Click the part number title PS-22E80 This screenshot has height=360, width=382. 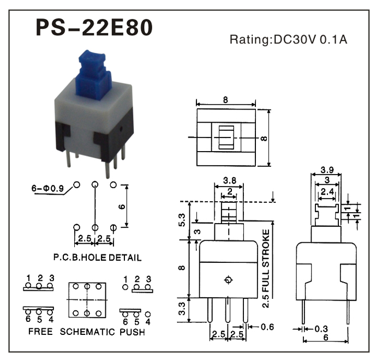pyautogui.click(x=94, y=28)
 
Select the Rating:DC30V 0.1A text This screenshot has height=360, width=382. pyautogui.click(x=289, y=39)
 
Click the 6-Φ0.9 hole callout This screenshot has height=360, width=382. pyautogui.click(x=47, y=188)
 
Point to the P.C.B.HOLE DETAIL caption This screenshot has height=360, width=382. pyautogui.click(x=97, y=257)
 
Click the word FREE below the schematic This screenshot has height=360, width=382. pyautogui.click(x=40, y=332)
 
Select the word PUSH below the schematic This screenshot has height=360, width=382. pyautogui.click(x=132, y=332)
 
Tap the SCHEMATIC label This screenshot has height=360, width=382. pyautogui.click(x=87, y=332)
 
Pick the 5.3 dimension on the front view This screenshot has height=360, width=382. pyautogui.click(x=182, y=220)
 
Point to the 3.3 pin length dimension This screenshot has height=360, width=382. pyautogui.click(x=182, y=309)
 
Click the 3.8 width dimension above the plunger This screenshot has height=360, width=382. pyautogui.click(x=230, y=181)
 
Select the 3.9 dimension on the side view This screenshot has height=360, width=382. pyautogui.click(x=327, y=170)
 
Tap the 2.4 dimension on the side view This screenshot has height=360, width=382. pyautogui.click(x=327, y=192)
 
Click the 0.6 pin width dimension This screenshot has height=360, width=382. pyautogui.click(x=267, y=327)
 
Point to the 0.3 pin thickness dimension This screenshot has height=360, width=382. pyautogui.click(x=321, y=329)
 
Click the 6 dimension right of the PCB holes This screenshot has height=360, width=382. pyautogui.click(x=122, y=207)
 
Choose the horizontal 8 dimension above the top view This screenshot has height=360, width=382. pyautogui.click(x=225, y=100)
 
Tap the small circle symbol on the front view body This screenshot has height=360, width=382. pyautogui.click(x=228, y=280)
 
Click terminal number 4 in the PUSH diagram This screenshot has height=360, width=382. pyautogui.click(x=148, y=322)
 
